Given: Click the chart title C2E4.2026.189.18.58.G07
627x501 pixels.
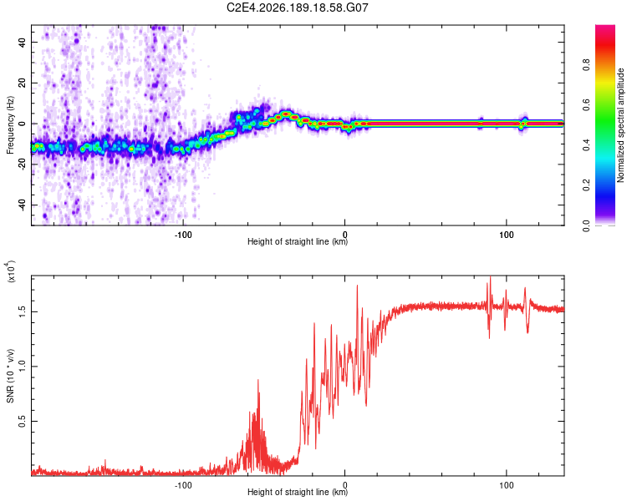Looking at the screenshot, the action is pyautogui.click(x=297, y=8).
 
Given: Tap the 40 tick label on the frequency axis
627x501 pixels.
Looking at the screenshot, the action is pyautogui.click(x=22, y=42).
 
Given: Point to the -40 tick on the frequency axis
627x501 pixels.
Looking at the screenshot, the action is pyautogui.click(x=22, y=205).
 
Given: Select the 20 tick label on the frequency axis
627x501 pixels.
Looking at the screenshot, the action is pyautogui.click(x=22, y=83).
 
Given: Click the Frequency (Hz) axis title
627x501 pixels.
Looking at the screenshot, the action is pyautogui.click(x=10, y=125).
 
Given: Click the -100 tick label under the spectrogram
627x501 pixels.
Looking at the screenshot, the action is pyautogui.click(x=183, y=235).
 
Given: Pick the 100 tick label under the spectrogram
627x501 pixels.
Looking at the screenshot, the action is pyautogui.click(x=507, y=235).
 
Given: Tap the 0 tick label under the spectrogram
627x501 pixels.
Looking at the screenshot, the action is pyautogui.click(x=344, y=235).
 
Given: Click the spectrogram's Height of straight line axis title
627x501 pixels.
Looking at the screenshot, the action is pyautogui.click(x=298, y=241).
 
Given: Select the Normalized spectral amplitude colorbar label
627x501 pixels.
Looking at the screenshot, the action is pyautogui.click(x=620, y=125).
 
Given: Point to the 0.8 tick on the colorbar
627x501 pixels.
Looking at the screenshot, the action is pyautogui.click(x=586, y=64).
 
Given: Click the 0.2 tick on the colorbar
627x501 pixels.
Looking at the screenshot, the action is pyautogui.click(x=586, y=185).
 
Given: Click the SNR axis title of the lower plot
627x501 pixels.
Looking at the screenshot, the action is pyautogui.click(x=10, y=376).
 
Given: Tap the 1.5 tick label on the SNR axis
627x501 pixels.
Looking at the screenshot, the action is pyautogui.click(x=22, y=311).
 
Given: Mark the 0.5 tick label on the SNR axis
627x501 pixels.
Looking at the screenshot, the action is pyautogui.click(x=22, y=421).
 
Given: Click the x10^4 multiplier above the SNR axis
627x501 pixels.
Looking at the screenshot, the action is pyautogui.click(x=11, y=271).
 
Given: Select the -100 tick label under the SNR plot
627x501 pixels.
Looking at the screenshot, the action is pyautogui.click(x=183, y=485).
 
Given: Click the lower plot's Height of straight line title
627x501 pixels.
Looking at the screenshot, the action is pyautogui.click(x=298, y=492).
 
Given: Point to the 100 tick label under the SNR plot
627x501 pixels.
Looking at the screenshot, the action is pyautogui.click(x=507, y=485).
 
